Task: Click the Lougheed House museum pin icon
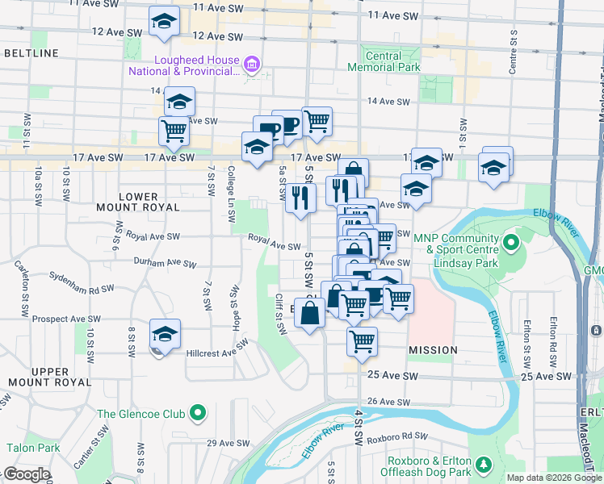click(x=251, y=63)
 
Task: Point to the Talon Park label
click(x=33, y=448)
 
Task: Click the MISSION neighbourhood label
click(x=433, y=350)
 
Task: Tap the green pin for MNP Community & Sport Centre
click(x=510, y=242)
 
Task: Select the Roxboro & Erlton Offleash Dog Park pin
click(x=484, y=465)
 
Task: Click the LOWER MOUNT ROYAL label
click(x=149, y=202)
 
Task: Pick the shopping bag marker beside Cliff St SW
click(x=309, y=311)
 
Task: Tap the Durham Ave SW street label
click(x=166, y=264)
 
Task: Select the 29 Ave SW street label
click(x=224, y=443)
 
